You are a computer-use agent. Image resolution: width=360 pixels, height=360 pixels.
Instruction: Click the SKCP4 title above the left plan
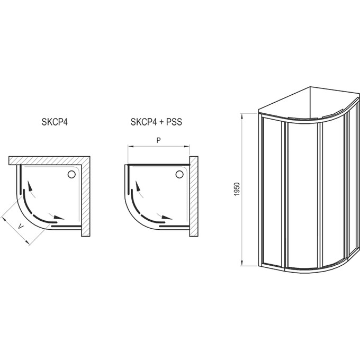pos(55,122)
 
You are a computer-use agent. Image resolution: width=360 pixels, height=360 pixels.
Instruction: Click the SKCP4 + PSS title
pos(156,122)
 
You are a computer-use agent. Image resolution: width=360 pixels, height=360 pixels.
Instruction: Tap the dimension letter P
pos(158,140)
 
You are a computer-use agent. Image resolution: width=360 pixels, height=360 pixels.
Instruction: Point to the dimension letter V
pos(21,227)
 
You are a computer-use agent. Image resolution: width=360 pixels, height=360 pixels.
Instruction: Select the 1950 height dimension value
pos(237,189)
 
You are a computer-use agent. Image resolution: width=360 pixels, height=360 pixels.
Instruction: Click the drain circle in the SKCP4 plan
pos(71,175)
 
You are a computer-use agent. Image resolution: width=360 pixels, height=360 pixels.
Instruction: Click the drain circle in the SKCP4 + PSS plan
pos(179,175)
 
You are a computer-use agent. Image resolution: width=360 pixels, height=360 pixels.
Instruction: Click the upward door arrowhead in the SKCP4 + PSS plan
pos(138,186)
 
